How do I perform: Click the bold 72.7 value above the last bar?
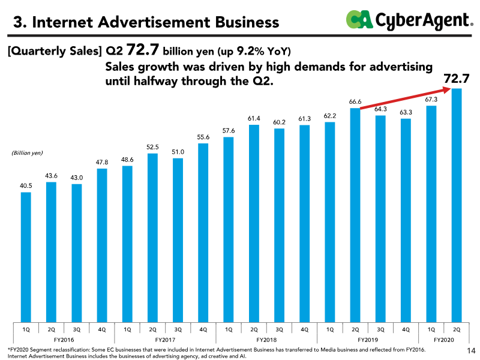pos(456,79)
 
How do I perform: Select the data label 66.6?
pos(355,102)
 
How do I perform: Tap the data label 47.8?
pos(101,163)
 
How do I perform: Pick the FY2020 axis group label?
pos(443,340)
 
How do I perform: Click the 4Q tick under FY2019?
pos(406,329)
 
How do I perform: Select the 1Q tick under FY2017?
pos(127,329)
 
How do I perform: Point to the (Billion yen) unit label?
pos(28,153)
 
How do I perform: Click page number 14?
pos(470,350)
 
